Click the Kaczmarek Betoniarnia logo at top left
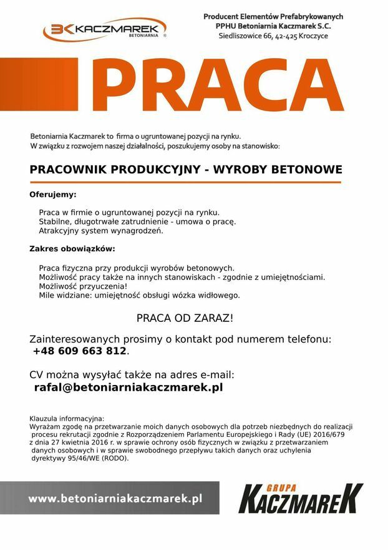click(x=104, y=29)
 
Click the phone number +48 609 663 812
click(x=80, y=351)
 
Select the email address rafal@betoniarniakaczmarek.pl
click(x=128, y=387)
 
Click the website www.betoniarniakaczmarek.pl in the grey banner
click(x=115, y=498)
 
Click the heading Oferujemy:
click(x=53, y=194)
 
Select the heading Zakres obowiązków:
click(x=72, y=249)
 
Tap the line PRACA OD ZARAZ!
click(x=185, y=318)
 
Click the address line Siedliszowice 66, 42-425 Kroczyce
click(x=273, y=36)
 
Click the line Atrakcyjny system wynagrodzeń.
click(x=100, y=231)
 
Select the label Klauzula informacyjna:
click(x=67, y=418)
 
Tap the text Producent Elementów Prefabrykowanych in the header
click(x=273, y=16)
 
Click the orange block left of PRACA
click(x=39, y=84)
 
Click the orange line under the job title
click(x=185, y=182)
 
